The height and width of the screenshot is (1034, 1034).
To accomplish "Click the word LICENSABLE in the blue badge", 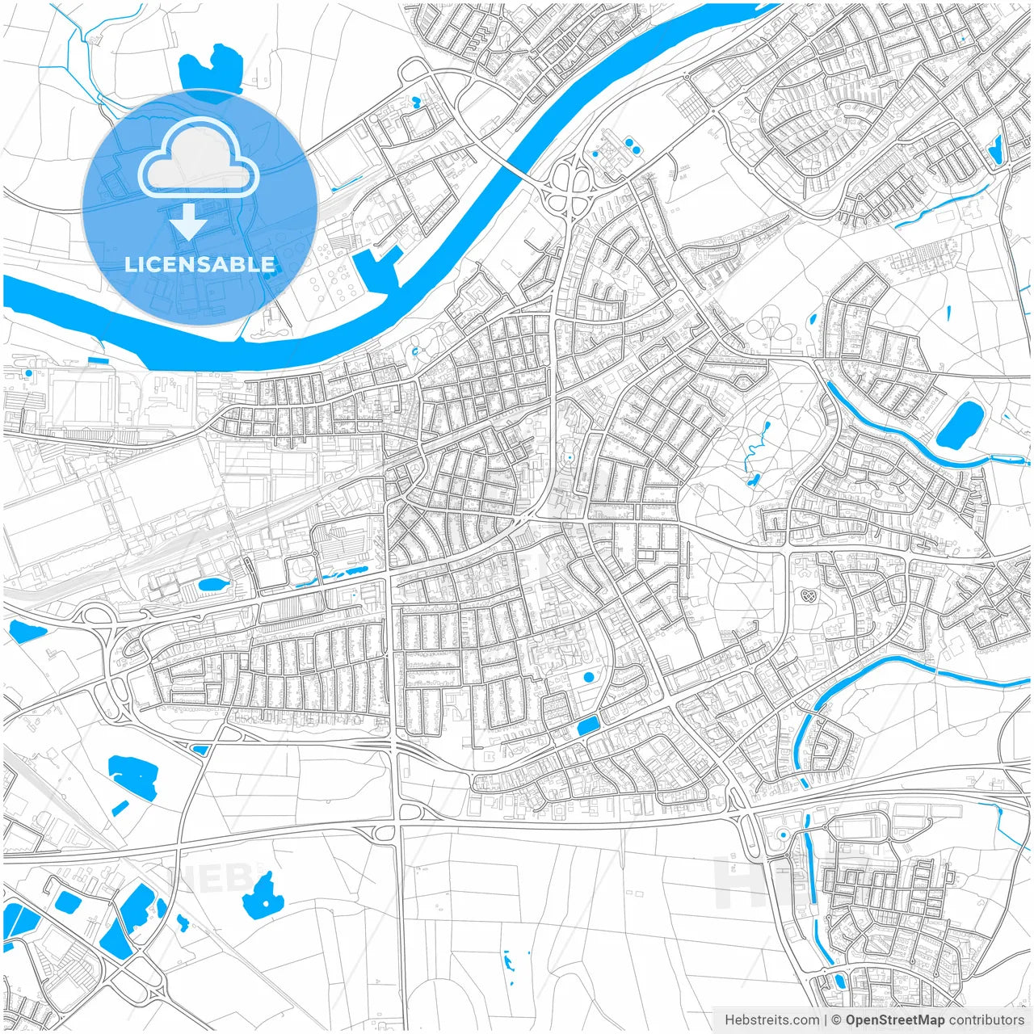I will pyautogui.click(x=200, y=264).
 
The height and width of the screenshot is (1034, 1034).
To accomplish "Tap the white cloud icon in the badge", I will pyautogui.click(x=199, y=159).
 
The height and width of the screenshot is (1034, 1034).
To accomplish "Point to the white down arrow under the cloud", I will pyautogui.click(x=189, y=221).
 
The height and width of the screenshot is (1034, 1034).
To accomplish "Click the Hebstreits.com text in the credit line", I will pyautogui.click(x=771, y=1020).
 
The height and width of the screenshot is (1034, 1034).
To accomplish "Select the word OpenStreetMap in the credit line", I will pyautogui.click(x=894, y=1020).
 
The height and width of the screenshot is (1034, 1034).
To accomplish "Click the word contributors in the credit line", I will pyautogui.click(x=986, y=1020).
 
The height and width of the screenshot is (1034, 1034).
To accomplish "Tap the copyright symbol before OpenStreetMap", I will pyautogui.click(x=837, y=1020).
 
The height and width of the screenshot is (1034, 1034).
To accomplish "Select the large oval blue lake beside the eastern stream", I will pyautogui.click(x=960, y=426).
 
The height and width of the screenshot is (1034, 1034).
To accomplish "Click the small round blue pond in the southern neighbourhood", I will pyautogui.click(x=588, y=677).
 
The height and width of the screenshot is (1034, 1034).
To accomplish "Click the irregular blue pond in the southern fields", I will pyautogui.click(x=263, y=895).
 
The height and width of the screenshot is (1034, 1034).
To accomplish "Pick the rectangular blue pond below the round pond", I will pyautogui.click(x=588, y=725).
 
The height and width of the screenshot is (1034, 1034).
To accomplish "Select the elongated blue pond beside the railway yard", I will pyautogui.click(x=212, y=583).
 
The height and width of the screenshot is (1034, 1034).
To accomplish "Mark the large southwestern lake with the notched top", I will pyautogui.click(x=133, y=775).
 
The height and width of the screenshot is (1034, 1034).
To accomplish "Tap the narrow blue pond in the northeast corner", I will pyautogui.click(x=995, y=149).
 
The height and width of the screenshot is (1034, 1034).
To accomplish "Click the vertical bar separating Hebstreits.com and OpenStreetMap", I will pyautogui.click(x=825, y=1020).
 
